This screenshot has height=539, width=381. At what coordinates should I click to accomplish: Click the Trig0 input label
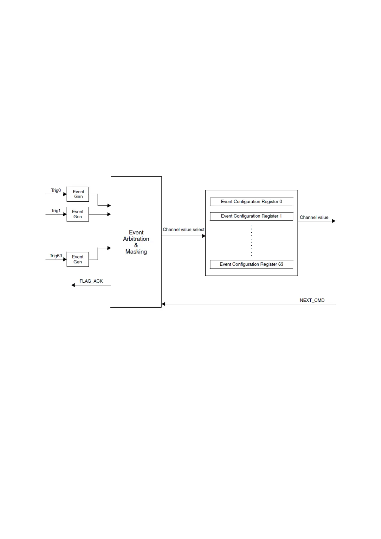56,190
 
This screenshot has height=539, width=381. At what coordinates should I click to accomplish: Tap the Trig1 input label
56,211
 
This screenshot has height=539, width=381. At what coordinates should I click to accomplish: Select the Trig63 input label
56,256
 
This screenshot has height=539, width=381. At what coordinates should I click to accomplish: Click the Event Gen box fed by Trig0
78,194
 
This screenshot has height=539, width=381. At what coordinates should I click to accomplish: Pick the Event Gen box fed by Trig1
78,214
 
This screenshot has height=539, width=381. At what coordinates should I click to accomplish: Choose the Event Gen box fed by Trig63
78,259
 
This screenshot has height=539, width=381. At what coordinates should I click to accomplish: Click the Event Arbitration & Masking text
136,242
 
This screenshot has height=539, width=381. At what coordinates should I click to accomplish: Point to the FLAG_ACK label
91,281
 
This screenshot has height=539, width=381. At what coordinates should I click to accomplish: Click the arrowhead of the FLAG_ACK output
73,285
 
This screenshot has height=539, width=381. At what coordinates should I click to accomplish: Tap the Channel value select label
183,229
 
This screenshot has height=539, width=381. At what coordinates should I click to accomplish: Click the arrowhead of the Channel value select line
203,236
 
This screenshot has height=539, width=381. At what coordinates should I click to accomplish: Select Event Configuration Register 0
251,202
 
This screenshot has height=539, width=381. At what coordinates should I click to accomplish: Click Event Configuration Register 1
251,216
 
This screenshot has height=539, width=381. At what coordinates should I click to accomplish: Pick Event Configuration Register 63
251,264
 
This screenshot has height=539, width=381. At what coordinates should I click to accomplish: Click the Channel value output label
314,217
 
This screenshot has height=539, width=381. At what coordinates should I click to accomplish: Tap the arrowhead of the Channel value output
334,221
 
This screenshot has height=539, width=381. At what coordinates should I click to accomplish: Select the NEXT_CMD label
312,300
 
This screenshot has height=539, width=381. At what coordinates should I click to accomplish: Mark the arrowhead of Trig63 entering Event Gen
65,259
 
